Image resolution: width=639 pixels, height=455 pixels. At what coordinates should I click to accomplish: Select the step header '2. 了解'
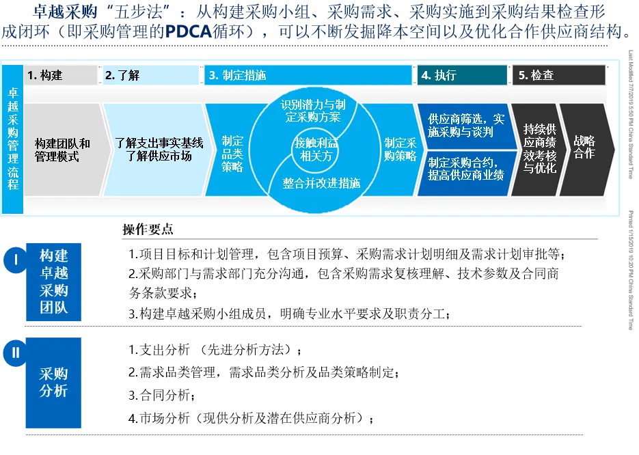[152, 75]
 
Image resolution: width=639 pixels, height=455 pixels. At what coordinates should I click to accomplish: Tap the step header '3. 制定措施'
[308, 75]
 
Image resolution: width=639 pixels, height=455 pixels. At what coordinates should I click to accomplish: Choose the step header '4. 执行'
[461, 75]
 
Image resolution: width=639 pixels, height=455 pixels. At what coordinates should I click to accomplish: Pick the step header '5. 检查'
[558, 75]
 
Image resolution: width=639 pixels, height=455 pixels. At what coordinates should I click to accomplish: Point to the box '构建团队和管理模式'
[62, 150]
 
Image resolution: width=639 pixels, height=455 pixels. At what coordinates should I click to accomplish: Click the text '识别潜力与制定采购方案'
[316, 111]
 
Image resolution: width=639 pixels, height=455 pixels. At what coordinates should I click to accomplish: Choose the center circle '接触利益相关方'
[316, 149]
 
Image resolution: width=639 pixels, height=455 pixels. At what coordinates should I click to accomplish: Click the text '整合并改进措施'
[321, 183]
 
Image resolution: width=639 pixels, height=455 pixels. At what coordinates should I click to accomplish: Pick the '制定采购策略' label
[400, 150]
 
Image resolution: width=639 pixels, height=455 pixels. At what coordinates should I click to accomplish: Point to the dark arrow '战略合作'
[584, 148]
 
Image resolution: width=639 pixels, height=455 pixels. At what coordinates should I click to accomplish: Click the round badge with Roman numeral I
[14, 259]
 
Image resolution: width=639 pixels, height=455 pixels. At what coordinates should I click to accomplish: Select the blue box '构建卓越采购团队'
[53, 281]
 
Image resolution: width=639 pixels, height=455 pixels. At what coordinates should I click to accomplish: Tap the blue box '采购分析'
[53, 383]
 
